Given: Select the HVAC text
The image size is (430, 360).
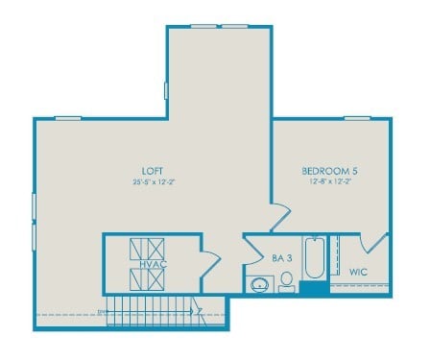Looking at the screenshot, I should [150, 264].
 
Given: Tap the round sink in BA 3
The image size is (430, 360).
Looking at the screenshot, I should [258, 284].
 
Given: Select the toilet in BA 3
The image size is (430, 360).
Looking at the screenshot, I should [285, 281].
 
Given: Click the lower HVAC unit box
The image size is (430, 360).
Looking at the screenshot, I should [148, 280].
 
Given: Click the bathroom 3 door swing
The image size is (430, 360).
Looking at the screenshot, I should [252, 252].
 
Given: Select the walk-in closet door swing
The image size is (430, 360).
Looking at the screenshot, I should [375, 244].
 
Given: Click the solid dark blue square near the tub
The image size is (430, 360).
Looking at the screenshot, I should [313, 287].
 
